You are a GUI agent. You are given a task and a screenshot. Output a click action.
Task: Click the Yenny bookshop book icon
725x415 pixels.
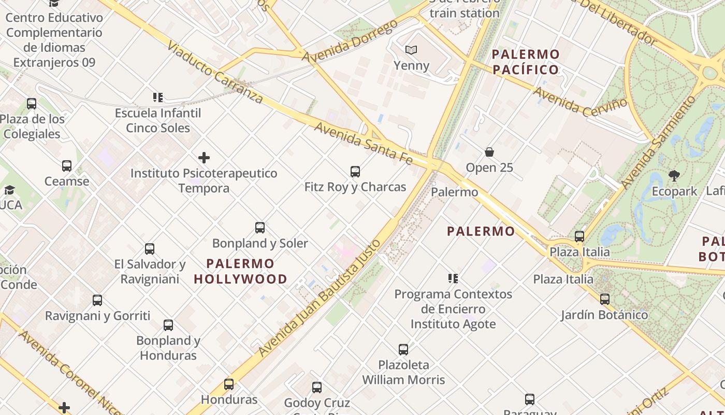tap(411, 50)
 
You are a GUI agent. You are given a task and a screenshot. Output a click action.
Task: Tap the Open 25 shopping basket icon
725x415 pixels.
tap(489, 152)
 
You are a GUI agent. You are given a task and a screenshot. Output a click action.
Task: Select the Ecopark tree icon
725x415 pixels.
tap(674, 176)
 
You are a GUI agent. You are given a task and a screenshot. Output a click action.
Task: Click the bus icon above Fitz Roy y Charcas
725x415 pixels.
tap(355, 171)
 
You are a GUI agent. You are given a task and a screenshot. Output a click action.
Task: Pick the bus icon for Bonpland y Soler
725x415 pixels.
tap(260, 228)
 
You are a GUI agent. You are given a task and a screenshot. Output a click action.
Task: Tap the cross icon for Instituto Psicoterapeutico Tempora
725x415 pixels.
tap(204, 157)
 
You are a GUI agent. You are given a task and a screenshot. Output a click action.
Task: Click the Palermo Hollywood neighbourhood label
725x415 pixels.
tap(241, 271)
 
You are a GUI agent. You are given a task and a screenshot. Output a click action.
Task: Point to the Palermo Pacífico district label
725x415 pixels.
tap(526, 62)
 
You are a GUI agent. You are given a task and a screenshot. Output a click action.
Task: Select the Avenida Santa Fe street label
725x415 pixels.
tap(364, 143)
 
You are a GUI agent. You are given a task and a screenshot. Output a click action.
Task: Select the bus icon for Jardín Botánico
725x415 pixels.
tap(604, 299)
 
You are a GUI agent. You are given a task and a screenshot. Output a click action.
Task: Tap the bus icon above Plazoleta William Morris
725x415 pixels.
tap(403, 349)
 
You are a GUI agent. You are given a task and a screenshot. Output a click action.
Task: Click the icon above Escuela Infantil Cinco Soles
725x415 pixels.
tap(158, 97)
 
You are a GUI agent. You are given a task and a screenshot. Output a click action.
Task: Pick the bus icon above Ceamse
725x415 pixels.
tap(67, 166)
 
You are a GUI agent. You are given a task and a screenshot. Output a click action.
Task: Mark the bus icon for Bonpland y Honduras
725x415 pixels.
tap(168, 325)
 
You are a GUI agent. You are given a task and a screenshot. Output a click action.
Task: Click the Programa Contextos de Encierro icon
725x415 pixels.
tap(453, 279)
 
